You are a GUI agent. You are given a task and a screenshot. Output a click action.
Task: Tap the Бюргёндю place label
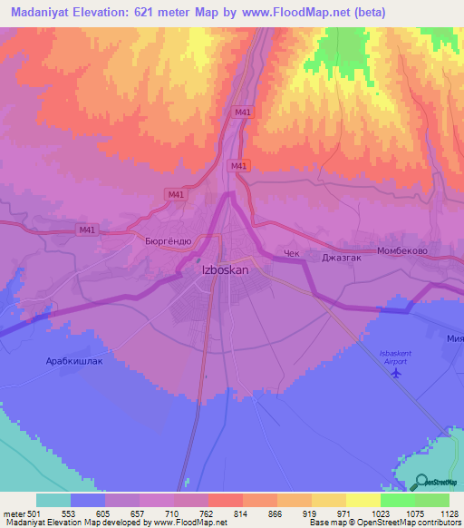point(168,241)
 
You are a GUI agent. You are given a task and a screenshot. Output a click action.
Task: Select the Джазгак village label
point(342,257)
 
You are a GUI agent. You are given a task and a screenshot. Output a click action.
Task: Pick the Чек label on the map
point(291,255)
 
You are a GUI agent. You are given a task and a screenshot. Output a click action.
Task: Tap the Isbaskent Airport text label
point(388,357)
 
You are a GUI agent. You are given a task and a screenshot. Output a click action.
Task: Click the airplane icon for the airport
point(394,376)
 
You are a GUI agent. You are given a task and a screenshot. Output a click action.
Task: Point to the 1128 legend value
point(447,513)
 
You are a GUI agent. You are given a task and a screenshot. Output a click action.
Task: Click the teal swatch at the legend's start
point(53,500)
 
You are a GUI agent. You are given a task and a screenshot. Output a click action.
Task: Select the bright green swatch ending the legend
point(432,500)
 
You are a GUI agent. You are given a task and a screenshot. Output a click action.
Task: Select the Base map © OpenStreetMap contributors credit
point(384,523)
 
